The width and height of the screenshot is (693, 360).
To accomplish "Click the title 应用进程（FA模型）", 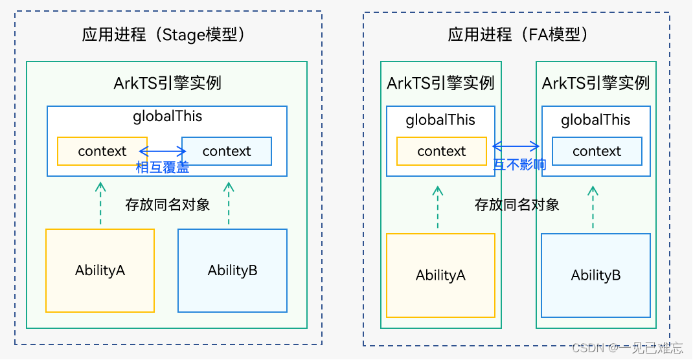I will click(x=517, y=34).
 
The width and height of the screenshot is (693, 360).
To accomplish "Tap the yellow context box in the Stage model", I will click(x=102, y=151).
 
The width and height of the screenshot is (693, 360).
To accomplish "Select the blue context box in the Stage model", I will click(x=226, y=151).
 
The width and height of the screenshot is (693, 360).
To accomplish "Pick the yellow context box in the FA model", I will click(x=441, y=151).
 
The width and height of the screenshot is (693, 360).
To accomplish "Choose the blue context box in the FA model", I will click(x=596, y=151).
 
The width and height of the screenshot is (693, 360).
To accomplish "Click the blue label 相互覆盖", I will click(x=163, y=167).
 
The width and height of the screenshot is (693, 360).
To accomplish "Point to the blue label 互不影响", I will click(x=519, y=164).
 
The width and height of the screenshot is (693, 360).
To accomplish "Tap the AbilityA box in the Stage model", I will click(x=100, y=270).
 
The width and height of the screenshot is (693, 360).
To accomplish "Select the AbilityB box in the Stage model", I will click(x=233, y=270).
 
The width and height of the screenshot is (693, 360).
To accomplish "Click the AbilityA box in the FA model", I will click(x=440, y=275).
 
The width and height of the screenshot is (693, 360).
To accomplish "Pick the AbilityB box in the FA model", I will click(x=596, y=275).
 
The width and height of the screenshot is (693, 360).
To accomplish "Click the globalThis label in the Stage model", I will click(x=168, y=117).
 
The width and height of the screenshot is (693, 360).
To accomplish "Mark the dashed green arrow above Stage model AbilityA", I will click(x=100, y=203).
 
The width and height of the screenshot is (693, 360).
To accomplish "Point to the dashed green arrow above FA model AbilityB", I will click(x=593, y=207).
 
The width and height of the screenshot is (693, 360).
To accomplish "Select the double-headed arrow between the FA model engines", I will click(x=516, y=146).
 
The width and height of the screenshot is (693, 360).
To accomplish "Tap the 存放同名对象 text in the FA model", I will click(x=517, y=205).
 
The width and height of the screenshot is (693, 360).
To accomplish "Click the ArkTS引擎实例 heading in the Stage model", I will click(x=168, y=83).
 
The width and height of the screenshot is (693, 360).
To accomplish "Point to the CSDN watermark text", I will click(x=627, y=348).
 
